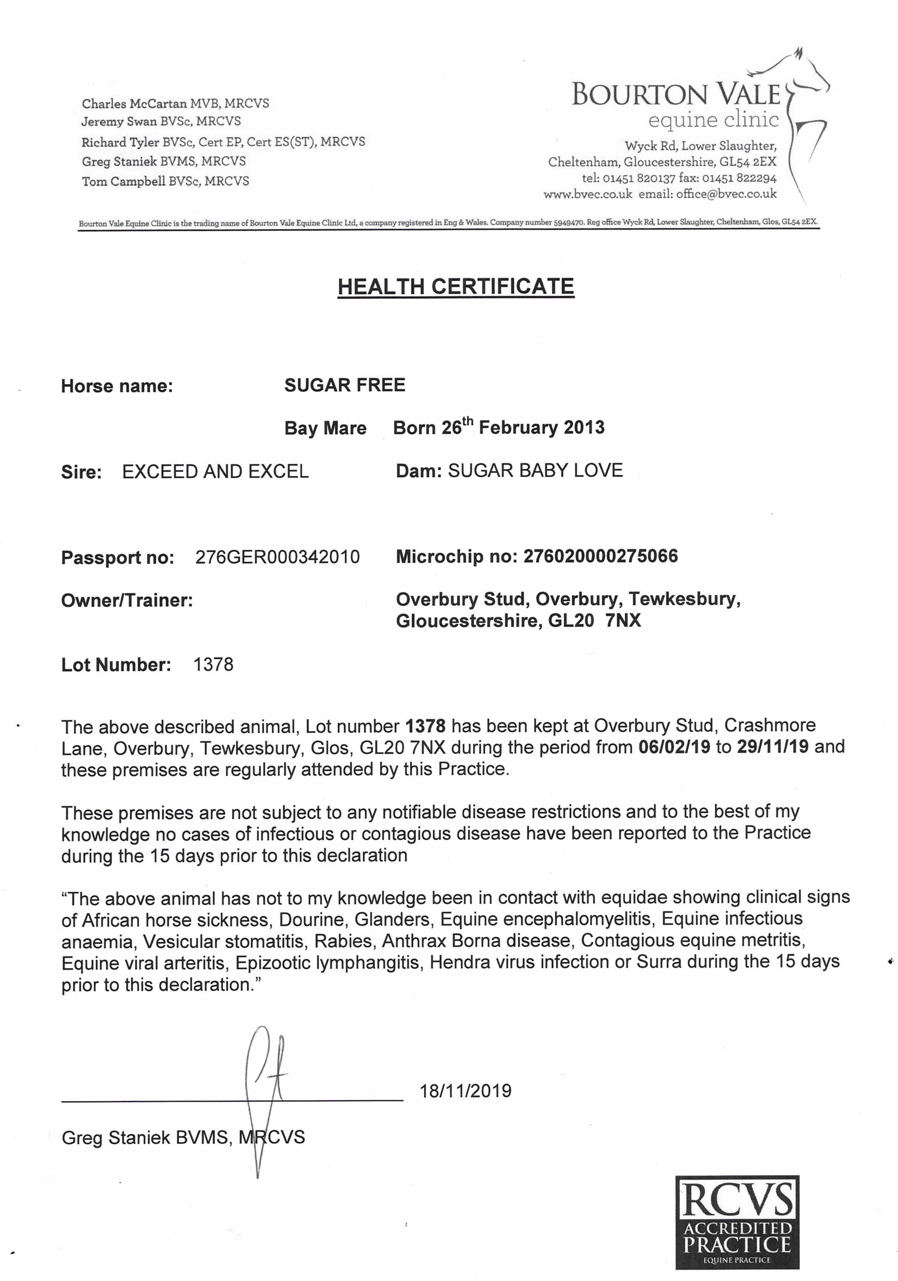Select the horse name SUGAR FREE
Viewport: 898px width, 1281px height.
(x=345, y=385)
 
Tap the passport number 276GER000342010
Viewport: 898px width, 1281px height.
(x=277, y=557)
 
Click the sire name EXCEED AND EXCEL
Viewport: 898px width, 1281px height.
(x=215, y=471)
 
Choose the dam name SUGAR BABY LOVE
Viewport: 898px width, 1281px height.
(x=535, y=470)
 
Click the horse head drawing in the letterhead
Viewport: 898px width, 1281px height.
(x=803, y=95)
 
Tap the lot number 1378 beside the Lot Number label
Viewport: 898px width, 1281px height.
(x=213, y=665)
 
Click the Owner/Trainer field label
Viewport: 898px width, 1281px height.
(x=127, y=600)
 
